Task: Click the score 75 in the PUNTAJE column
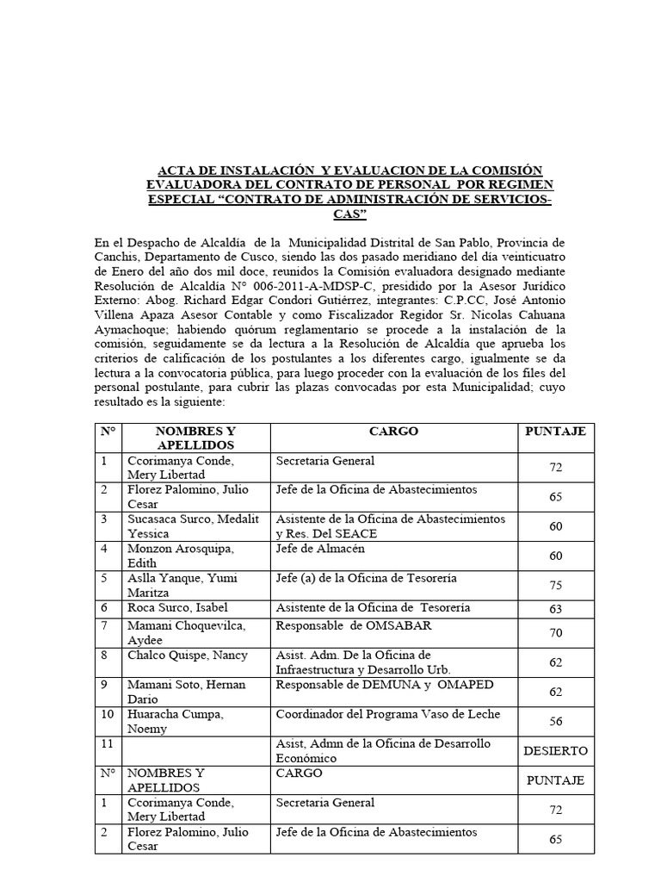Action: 555,586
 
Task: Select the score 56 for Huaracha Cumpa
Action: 555,722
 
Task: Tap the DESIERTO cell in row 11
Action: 555,751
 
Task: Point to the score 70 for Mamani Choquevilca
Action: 555,633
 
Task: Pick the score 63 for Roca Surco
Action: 555,609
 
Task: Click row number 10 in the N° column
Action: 108,714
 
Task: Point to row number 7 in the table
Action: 104,625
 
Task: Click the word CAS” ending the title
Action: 349,214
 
